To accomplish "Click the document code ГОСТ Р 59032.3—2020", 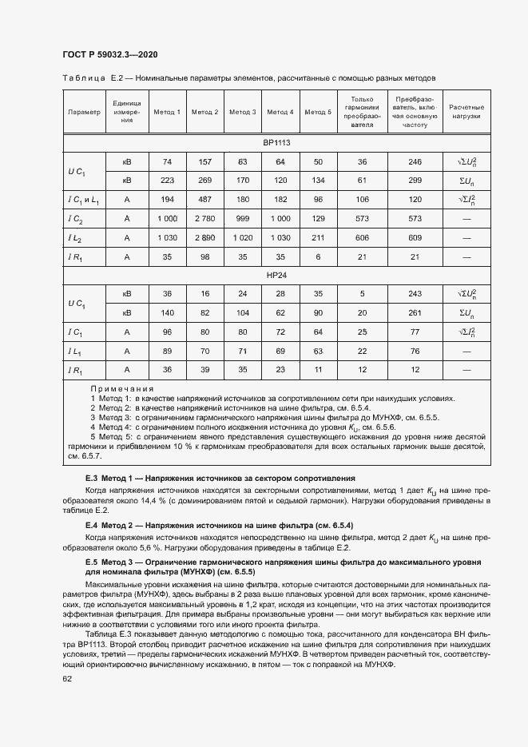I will click(x=109, y=55).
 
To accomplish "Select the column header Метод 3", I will click(x=242, y=112).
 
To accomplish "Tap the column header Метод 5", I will click(x=318, y=112).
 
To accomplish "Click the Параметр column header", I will click(x=85, y=112).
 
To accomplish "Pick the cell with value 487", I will click(x=204, y=198).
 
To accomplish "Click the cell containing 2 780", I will click(x=204, y=218).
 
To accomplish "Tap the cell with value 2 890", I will click(x=204, y=237).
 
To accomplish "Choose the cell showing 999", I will click(x=242, y=218).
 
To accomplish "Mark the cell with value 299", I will click(x=415, y=180).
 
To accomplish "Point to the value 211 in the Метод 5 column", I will click(x=318, y=237).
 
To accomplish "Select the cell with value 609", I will click(x=415, y=237).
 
